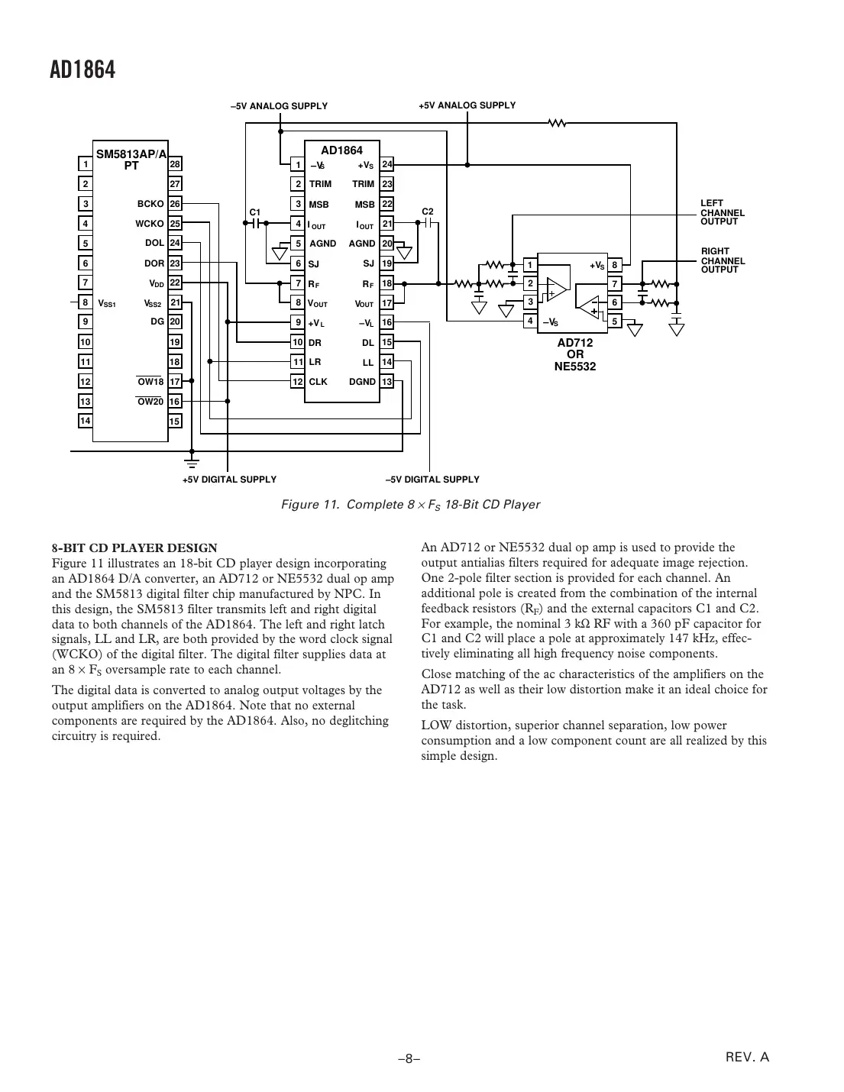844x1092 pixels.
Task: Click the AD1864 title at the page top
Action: coord(82,70)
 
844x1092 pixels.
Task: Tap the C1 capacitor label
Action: coord(255,212)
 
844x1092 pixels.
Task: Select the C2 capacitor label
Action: coord(428,211)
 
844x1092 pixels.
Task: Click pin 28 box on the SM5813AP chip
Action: coord(175,164)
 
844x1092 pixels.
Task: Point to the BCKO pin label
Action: coord(150,204)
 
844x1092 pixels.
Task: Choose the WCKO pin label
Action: coord(150,224)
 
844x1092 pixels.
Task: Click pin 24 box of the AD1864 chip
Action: coord(387,164)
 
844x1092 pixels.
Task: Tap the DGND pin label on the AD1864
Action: coord(362,382)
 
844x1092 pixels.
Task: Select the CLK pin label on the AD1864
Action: coord(318,382)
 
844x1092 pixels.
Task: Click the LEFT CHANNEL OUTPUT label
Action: coord(722,212)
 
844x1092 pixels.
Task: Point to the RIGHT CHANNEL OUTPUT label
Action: coord(723,260)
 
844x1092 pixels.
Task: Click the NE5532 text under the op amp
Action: coord(574,366)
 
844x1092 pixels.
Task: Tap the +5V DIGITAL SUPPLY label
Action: coord(229,480)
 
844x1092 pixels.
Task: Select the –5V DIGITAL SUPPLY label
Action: coord(432,480)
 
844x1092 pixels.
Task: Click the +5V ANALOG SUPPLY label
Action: coord(467,105)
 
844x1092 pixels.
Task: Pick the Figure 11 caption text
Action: coord(410,505)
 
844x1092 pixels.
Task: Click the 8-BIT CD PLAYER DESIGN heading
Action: coord(134,548)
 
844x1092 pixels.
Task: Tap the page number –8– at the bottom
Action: coord(409,1059)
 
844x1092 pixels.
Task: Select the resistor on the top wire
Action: coord(558,122)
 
